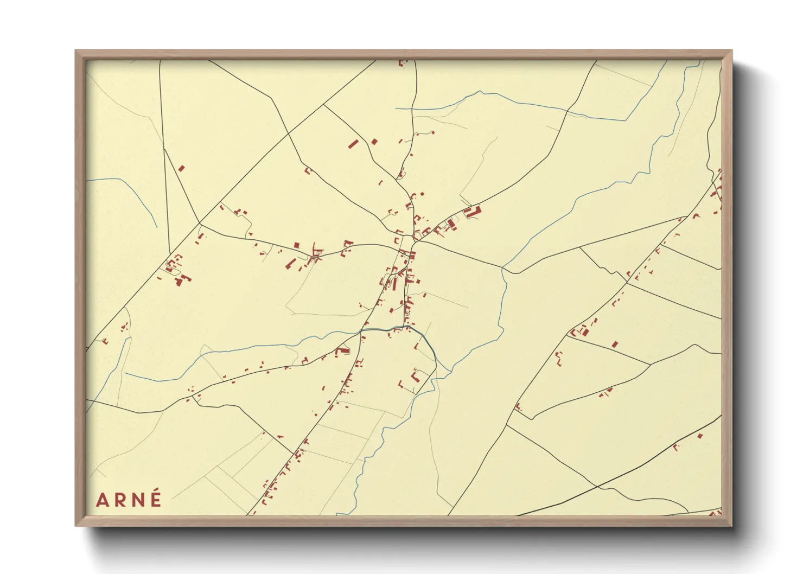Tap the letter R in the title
pyautogui.click(x=119, y=500)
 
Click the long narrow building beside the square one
pyautogui.click(x=353, y=144)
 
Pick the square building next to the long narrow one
pyautogui.click(x=374, y=142)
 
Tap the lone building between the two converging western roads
pyautogui.click(x=181, y=168)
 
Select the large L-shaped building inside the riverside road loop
pyautogui.click(x=416, y=375)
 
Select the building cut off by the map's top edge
pyautogui.click(x=402, y=63)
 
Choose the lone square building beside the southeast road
pyautogui.click(x=615, y=344)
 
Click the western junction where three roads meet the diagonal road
pyautogui.click(x=200, y=224)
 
